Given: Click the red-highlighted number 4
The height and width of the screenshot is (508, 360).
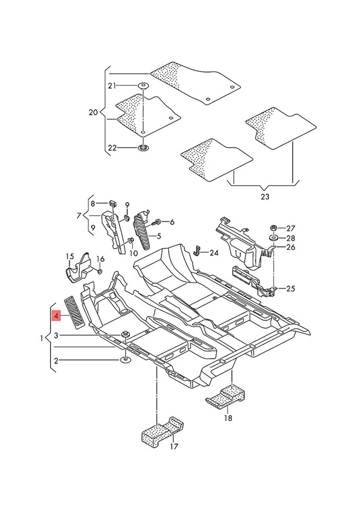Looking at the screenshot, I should tap(56, 316).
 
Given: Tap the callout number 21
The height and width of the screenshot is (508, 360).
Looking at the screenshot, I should tap(111, 86).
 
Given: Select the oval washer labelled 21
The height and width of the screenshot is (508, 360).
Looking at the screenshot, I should tap(143, 85).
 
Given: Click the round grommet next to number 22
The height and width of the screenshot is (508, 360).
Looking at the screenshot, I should tap(143, 148).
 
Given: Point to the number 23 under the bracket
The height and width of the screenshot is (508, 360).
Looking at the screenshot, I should tap(264, 197).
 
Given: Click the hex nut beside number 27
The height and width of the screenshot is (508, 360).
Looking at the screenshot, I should tap(274, 228).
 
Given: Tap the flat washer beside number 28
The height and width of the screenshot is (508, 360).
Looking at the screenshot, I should tap(273, 239).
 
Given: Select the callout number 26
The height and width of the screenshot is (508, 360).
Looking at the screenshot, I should tap(291, 247).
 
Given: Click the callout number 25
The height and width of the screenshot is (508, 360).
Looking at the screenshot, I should tap(291, 288).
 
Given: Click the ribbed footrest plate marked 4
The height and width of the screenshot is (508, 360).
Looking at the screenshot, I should tap(75, 313).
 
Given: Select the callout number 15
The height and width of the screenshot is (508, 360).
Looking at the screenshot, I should tap(70, 257).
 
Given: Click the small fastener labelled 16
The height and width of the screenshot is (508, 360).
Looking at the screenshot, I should tap(100, 271).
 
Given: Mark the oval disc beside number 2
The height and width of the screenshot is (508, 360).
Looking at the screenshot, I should tap(126, 360).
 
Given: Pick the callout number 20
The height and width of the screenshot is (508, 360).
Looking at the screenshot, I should tap(94, 113).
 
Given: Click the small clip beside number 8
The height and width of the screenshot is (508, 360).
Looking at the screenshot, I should tap(112, 203).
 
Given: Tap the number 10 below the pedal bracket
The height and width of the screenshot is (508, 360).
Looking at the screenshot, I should tap(133, 254).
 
